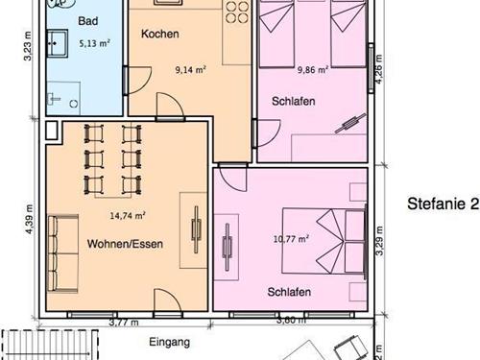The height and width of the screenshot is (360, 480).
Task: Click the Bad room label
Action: tap(88, 21)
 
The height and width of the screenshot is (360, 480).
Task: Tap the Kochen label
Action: tap(160, 34)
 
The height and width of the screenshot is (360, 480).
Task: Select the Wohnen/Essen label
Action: tap(125, 244)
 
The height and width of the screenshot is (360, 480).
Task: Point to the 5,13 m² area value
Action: tap(95, 43)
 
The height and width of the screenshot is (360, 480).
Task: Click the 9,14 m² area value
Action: tap(190, 69)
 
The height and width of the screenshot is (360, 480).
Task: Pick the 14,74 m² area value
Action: tap(128, 216)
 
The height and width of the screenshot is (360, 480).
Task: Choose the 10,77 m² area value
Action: tap(291, 239)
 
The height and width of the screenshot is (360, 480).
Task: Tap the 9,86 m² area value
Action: tap(313, 69)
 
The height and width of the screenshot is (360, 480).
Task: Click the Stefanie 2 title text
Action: tap(444, 204)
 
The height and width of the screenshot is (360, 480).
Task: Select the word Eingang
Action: tap(170, 342)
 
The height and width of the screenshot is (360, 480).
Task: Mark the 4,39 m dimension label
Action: tap(29, 219)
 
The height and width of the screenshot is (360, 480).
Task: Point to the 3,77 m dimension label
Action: tap(124, 323)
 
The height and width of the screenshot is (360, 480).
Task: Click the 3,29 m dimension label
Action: tap(379, 241)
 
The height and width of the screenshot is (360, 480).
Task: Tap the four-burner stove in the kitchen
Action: tap(237, 12)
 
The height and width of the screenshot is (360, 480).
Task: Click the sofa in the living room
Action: tap(63, 253)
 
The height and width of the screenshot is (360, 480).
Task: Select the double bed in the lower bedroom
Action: tap(324, 242)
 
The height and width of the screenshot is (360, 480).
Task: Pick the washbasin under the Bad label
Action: tap(58, 43)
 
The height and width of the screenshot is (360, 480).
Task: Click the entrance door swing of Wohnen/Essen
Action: tap(168, 300)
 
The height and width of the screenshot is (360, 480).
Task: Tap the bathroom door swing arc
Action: tap(140, 81)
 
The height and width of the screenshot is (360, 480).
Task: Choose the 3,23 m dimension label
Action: tap(28, 46)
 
